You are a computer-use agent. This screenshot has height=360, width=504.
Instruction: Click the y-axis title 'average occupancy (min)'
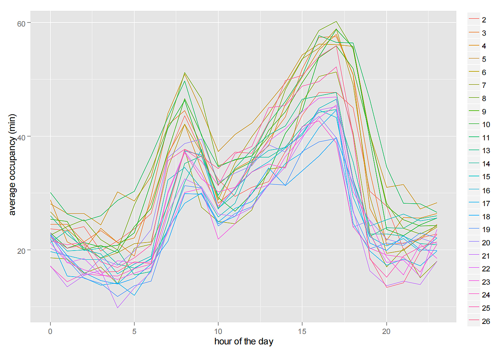(12, 170)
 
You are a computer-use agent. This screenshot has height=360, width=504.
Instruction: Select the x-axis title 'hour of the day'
(244, 342)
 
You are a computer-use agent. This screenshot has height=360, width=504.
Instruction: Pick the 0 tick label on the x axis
(50, 332)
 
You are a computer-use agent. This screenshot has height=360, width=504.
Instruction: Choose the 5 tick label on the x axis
(134, 332)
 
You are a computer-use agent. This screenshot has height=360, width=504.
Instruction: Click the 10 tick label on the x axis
(218, 332)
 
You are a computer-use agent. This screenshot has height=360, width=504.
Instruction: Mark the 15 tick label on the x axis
(302, 332)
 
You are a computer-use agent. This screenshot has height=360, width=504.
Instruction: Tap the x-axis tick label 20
(386, 332)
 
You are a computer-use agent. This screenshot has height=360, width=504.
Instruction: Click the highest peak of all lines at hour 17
(336, 22)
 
